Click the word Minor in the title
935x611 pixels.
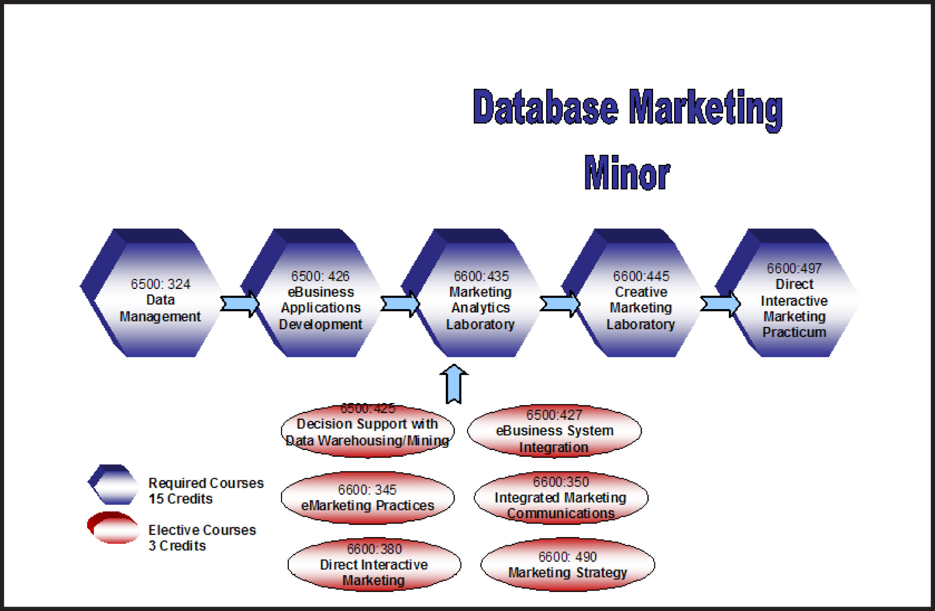point(627,173)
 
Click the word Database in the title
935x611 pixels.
point(545,107)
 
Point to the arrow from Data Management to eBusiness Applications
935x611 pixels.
point(240,304)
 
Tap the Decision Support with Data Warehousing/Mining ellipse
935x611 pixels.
point(367,431)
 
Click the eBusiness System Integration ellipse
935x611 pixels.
point(554,431)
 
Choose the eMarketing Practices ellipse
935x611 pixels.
point(367,498)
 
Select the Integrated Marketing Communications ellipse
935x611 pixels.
point(561,498)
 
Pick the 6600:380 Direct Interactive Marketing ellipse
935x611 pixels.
point(374,565)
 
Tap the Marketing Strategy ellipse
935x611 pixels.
point(568,565)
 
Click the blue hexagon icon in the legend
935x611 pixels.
point(113,484)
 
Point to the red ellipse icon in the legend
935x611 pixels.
point(113,528)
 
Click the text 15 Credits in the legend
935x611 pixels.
point(180,499)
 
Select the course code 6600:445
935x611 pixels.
point(641,277)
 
